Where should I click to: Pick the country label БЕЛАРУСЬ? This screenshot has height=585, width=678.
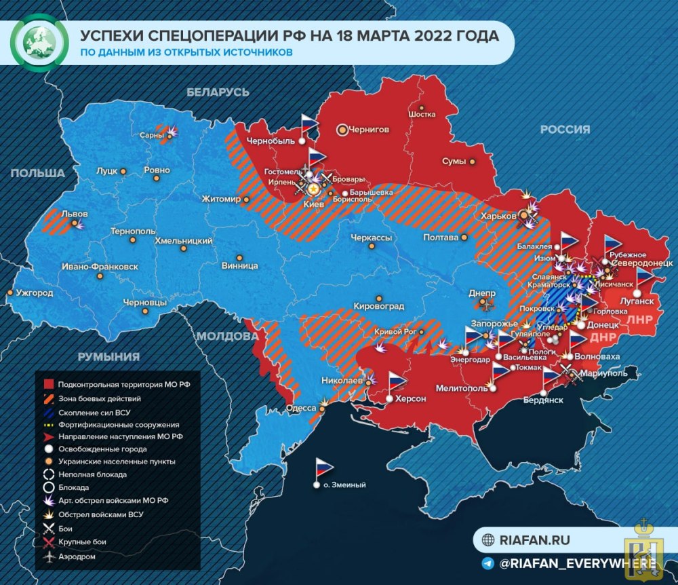[x=218, y=92]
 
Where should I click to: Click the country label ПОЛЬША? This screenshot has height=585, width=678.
[x=38, y=173]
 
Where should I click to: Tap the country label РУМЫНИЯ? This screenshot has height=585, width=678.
[x=108, y=356]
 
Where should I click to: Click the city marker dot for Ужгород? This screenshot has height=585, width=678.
[x=10, y=292]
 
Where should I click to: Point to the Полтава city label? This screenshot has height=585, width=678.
[x=439, y=238]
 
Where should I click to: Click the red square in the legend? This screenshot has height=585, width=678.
[x=48, y=384]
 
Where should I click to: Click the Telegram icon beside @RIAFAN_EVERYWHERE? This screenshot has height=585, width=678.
[x=487, y=563]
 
